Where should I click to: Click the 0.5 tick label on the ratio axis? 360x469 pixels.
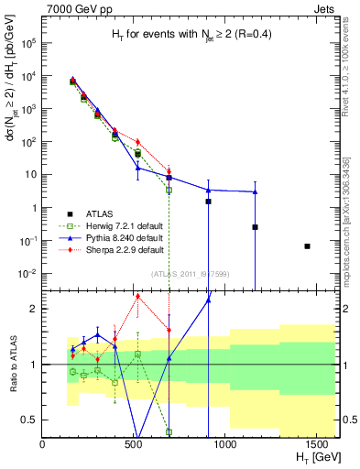28,420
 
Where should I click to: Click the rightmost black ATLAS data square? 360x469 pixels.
308,245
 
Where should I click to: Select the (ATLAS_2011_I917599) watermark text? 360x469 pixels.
190,273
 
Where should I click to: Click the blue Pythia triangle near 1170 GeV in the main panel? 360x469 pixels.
255,191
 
